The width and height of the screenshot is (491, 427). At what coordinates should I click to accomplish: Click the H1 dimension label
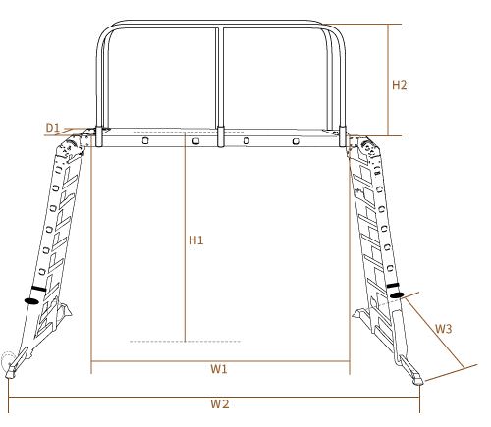coord(196,240)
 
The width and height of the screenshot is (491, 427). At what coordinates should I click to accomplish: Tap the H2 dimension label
coord(400,85)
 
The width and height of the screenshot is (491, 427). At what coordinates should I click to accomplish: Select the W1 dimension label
coord(219,369)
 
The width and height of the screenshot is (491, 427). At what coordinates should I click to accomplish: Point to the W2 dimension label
coord(220,404)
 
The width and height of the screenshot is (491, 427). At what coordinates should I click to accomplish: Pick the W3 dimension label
coord(444,329)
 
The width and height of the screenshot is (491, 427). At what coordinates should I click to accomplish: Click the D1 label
coord(53,128)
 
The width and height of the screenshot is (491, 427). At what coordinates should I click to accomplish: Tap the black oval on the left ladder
coord(31,300)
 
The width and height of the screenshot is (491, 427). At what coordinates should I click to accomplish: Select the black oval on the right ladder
coord(397,295)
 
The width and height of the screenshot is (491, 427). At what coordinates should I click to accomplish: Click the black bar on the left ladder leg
coord(39,289)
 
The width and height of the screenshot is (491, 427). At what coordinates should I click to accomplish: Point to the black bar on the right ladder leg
coord(393,286)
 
